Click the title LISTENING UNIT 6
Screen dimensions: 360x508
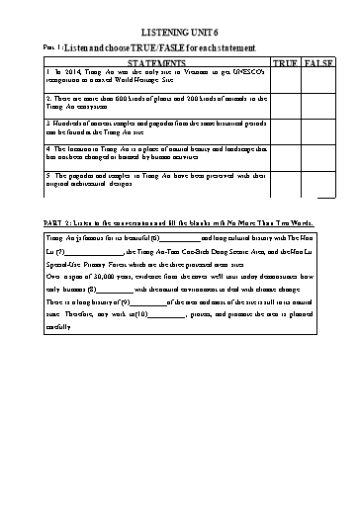(179, 33)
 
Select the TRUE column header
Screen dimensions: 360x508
(284, 63)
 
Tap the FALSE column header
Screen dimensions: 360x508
(316, 63)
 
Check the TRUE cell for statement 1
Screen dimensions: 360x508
(284, 79)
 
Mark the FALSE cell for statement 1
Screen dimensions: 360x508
(316, 79)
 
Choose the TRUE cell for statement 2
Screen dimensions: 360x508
(284, 106)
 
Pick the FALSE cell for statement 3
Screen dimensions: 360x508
(316, 131)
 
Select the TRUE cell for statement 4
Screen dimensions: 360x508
(284, 157)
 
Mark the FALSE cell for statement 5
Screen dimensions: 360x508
(316, 185)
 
